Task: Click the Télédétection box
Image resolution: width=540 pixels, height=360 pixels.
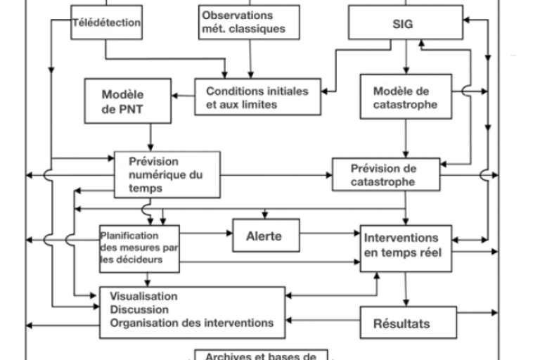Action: point(107,21)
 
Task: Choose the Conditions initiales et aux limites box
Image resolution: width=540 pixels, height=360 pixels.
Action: point(256,98)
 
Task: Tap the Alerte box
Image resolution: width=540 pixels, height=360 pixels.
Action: point(266,236)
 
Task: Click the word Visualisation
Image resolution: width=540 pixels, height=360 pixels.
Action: point(143,297)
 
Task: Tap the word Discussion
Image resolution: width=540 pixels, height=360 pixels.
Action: point(139,309)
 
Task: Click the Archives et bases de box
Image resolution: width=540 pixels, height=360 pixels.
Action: point(261,354)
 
